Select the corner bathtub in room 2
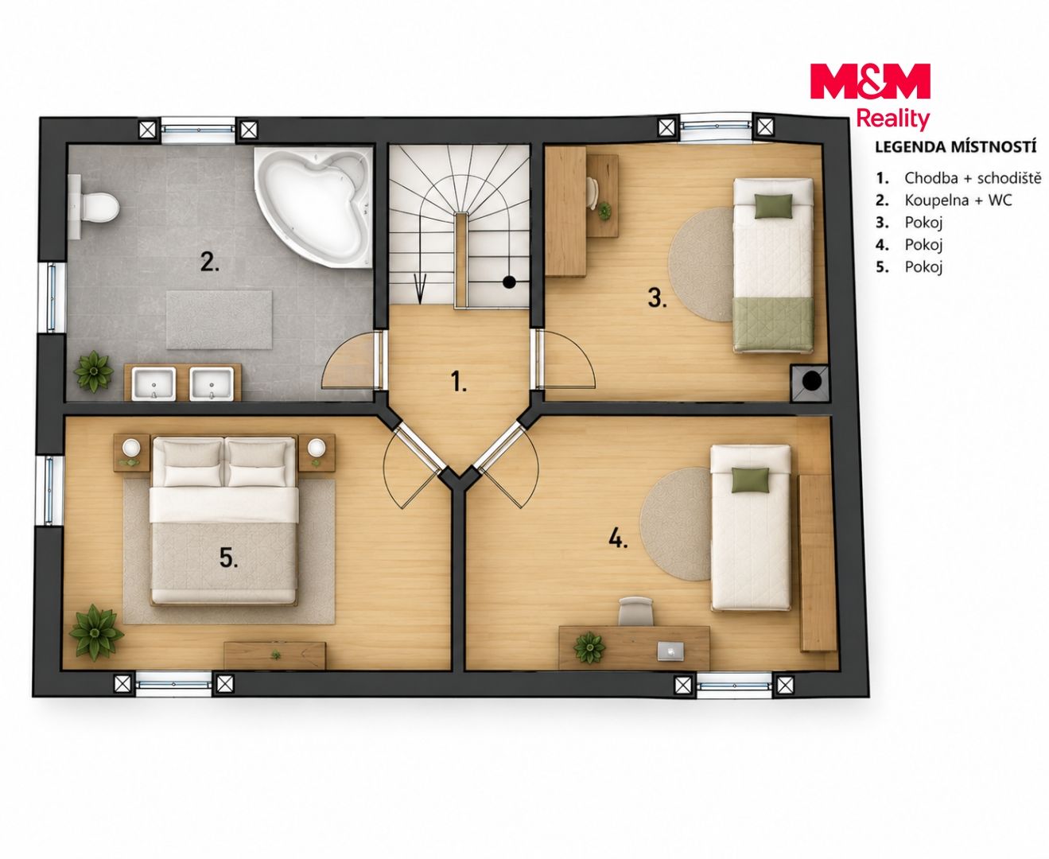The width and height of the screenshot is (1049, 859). tap(314, 206)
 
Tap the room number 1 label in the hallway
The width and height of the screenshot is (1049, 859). tap(458, 381)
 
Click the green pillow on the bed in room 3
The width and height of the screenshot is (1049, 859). tap(774, 206)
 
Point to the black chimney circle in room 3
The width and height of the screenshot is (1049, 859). tap(812, 381)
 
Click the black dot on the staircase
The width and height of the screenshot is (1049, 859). tap(509, 282)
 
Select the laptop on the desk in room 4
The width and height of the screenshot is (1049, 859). tap(670, 651)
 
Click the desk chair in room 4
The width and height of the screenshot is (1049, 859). tap(635, 612)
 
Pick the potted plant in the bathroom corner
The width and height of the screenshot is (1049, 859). tap(94, 371)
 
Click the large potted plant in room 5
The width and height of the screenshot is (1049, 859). tap(95, 632)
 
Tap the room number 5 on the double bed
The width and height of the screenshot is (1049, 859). tap(228, 558)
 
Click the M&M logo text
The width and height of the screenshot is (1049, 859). tap(869, 81)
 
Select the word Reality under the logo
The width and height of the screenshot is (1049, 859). tap(893, 119)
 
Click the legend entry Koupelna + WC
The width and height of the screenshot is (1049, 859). tap(958, 200)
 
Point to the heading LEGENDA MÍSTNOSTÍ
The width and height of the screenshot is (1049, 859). tap(955, 147)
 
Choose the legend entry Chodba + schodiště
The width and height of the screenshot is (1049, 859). tap(973, 178)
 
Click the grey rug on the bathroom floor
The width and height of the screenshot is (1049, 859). tap(220, 320)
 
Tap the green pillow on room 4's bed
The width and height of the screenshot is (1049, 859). tap(750, 479)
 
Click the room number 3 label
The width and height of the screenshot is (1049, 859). tap(657, 298)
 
